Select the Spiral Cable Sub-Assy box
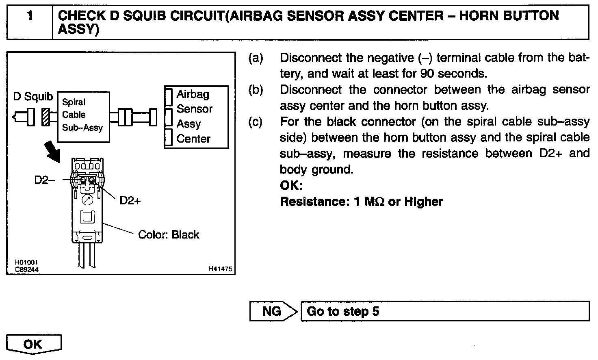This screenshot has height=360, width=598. tap(83, 117)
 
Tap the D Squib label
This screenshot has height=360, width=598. tap(33, 96)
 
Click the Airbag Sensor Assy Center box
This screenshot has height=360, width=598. tap(196, 117)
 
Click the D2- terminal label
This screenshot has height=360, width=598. tap(45, 180)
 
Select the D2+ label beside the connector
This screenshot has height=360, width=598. tap(130, 200)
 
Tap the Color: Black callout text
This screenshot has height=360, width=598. tap(169, 235)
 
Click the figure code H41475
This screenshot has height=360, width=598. tap(220, 269)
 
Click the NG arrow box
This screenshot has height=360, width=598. tap(273, 311)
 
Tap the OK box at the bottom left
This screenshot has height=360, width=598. tap(33, 344)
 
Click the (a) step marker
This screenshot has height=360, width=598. tap(256, 58)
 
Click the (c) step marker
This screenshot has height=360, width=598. tap(256, 122)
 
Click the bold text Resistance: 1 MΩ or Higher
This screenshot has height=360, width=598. tap(361, 202)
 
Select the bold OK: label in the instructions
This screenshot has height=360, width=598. tap(291, 186)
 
